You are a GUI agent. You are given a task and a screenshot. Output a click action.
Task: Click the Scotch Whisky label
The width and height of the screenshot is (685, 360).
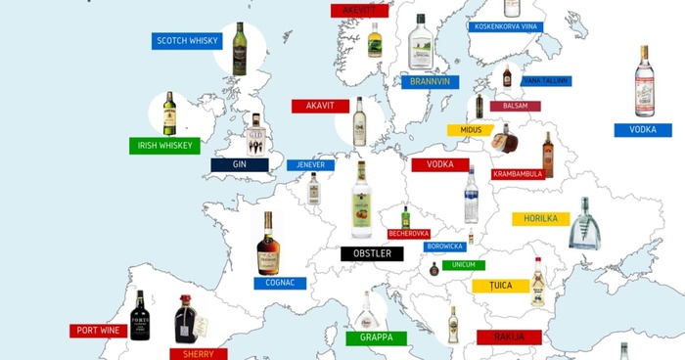click(186, 41)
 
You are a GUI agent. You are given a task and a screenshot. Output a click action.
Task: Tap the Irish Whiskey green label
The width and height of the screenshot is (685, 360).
click(164, 146)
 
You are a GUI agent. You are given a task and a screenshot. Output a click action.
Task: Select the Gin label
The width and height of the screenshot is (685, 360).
click(240, 165)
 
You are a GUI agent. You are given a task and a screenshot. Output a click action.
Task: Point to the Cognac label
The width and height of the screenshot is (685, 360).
click(280, 283)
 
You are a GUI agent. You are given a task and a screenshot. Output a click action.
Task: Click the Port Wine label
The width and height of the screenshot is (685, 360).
click(98, 331)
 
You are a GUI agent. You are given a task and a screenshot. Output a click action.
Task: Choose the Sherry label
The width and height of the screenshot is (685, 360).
click(198, 354)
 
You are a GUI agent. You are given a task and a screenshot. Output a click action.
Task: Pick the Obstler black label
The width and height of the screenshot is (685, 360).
click(372, 253)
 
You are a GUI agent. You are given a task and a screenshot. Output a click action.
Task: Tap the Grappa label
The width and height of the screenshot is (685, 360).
click(375, 338)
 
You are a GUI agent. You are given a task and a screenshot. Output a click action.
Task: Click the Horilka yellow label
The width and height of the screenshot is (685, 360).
click(541, 219)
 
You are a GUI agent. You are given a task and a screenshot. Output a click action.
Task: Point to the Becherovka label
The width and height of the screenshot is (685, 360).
click(409, 234)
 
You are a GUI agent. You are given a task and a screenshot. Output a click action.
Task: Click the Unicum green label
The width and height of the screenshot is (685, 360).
click(463, 265)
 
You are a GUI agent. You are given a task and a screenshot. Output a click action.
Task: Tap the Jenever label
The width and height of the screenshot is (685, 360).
click(311, 165)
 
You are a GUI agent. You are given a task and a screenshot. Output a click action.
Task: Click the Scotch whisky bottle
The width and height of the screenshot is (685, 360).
click(240, 49)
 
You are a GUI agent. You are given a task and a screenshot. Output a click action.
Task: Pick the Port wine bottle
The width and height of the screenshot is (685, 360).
click(139, 314)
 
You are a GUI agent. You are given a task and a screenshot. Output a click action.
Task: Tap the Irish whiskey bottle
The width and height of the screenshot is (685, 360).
click(169, 113)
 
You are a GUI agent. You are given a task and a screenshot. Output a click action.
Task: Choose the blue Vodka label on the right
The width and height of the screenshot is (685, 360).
click(643, 130)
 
